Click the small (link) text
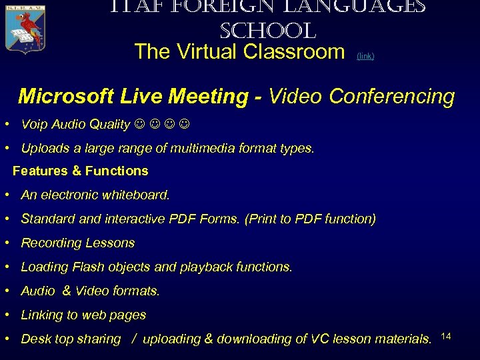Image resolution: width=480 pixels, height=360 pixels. tap(365, 57)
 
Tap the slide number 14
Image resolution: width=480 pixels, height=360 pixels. tap(446, 335)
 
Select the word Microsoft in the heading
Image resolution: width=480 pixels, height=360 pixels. tap(66, 97)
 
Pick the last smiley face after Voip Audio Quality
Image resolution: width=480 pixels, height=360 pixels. tap(184, 125)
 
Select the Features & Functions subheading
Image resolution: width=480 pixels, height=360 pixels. tap(80, 171)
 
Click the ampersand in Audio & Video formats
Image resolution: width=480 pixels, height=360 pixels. tap(66, 291)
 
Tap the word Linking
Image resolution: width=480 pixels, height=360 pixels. tap(43, 315)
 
